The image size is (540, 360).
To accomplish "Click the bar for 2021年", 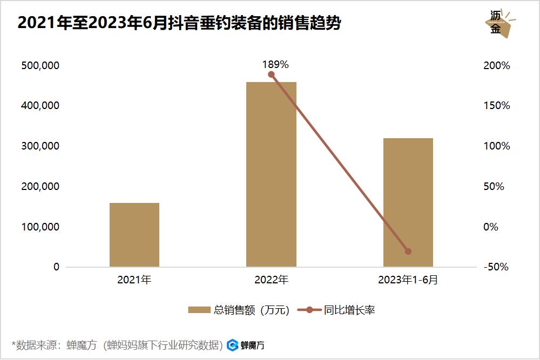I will [x=134, y=235].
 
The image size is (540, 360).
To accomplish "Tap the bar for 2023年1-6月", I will [x=408, y=202].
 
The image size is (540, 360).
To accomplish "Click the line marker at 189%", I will [x=271, y=74].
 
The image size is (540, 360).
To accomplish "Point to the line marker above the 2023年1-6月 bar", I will [x=408, y=251].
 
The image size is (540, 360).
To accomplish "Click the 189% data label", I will [x=275, y=64].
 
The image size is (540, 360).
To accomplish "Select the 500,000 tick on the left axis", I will [x=39, y=65].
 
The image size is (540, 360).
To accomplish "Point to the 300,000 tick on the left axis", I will [x=39, y=146].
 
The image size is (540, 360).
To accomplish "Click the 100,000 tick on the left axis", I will [x=39, y=227].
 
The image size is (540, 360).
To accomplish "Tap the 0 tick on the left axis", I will [x=56, y=267].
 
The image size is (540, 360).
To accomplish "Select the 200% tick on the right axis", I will [x=497, y=65].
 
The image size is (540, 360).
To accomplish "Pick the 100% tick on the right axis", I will [x=497, y=146].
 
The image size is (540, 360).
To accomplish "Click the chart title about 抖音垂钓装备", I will [x=179, y=23].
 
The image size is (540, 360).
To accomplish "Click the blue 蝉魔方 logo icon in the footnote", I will [x=233, y=345].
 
